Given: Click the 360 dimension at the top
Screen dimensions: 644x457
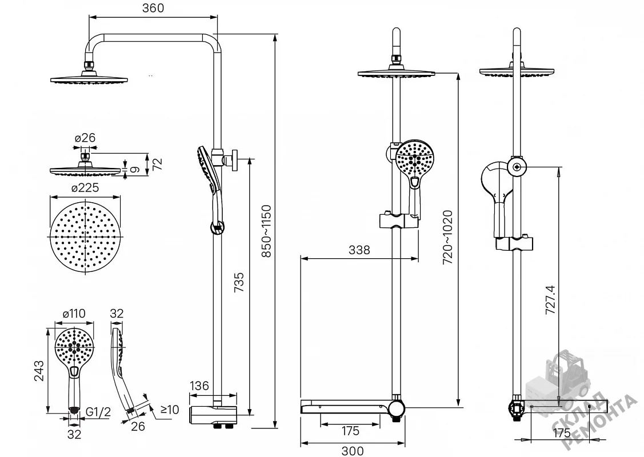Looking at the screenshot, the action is [x=153, y=8].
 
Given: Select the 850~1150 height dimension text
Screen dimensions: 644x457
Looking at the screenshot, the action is [x=267, y=231].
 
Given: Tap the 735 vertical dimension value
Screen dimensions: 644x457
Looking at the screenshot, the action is [x=239, y=283].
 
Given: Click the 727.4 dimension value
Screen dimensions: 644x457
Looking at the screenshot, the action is [x=550, y=300].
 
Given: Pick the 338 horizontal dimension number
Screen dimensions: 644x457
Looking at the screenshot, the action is [x=359, y=250].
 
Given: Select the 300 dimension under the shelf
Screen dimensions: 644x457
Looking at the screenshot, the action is [x=353, y=451].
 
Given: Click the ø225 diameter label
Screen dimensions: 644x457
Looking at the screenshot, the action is [x=85, y=187].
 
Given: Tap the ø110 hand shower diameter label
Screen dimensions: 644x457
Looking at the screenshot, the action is [x=74, y=314].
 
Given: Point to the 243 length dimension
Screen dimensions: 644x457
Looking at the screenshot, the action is [x=39, y=370].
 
